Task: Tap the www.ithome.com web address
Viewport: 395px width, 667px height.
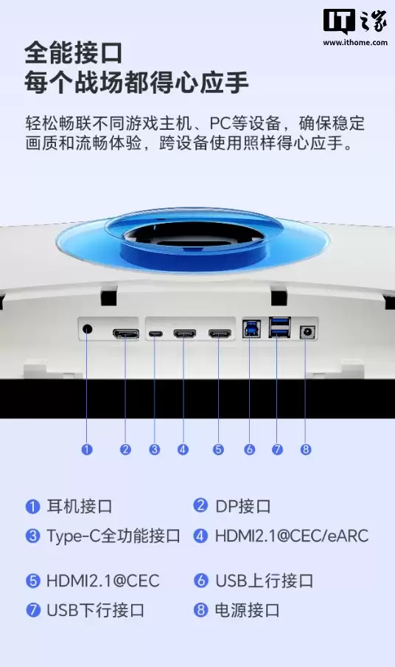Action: tap(354, 43)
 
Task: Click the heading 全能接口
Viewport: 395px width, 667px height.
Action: tap(73, 53)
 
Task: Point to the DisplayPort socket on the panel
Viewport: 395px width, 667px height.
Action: tap(125, 334)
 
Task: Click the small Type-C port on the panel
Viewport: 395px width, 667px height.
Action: tap(155, 334)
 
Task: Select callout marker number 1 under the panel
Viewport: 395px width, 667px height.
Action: tap(87, 449)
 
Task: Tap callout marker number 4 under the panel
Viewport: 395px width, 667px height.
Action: tap(183, 449)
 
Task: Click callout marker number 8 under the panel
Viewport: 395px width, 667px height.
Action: tap(306, 449)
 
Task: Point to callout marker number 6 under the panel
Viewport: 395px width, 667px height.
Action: tap(250, 449)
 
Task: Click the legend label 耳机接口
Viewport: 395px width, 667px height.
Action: tap(80, 506)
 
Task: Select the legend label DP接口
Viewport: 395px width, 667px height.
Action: tap(242, 506)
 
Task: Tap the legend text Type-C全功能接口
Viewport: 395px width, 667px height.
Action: tap(113, 536)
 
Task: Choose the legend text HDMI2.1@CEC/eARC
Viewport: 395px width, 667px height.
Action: tap(292, 536)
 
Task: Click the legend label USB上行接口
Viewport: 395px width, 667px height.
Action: tap(264, 581)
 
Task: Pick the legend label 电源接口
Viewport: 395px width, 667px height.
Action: tap(248, 610)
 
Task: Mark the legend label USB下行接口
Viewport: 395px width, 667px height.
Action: tap(95, 610)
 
